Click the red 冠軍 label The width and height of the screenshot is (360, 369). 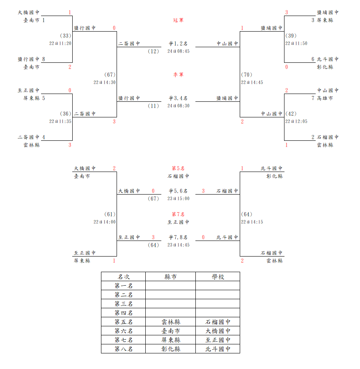tap(178, 20)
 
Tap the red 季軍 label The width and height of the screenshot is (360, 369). tap(178, 75)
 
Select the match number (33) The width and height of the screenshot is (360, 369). tap(65, 36)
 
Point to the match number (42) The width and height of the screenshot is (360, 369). tap(291, 114)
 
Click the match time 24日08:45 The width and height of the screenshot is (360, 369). tap(178, 51)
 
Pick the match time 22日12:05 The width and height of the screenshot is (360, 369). tap(296, 121)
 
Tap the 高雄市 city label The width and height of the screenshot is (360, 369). tap(325, 99)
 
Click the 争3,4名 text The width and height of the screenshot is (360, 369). tap(178, 98)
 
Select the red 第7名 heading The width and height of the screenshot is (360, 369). tap(178, 214)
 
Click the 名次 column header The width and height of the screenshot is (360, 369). tap(124, 277)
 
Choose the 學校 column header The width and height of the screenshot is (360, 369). tap(218, 277)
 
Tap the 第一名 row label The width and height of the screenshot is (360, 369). tap(124, 286)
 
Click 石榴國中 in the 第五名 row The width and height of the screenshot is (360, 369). tap(218, 322)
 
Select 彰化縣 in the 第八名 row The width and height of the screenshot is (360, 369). tap(171, 349)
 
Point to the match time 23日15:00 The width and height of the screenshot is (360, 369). tap(178, 199)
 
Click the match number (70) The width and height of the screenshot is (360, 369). tap(247, 75)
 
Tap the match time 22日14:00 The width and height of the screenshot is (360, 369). tap(105, 222)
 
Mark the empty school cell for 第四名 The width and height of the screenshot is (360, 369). tap(218, 313)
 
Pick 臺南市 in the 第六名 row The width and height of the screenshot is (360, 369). tap(171, 331)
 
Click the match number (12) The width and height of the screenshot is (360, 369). tap(153, 51)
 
